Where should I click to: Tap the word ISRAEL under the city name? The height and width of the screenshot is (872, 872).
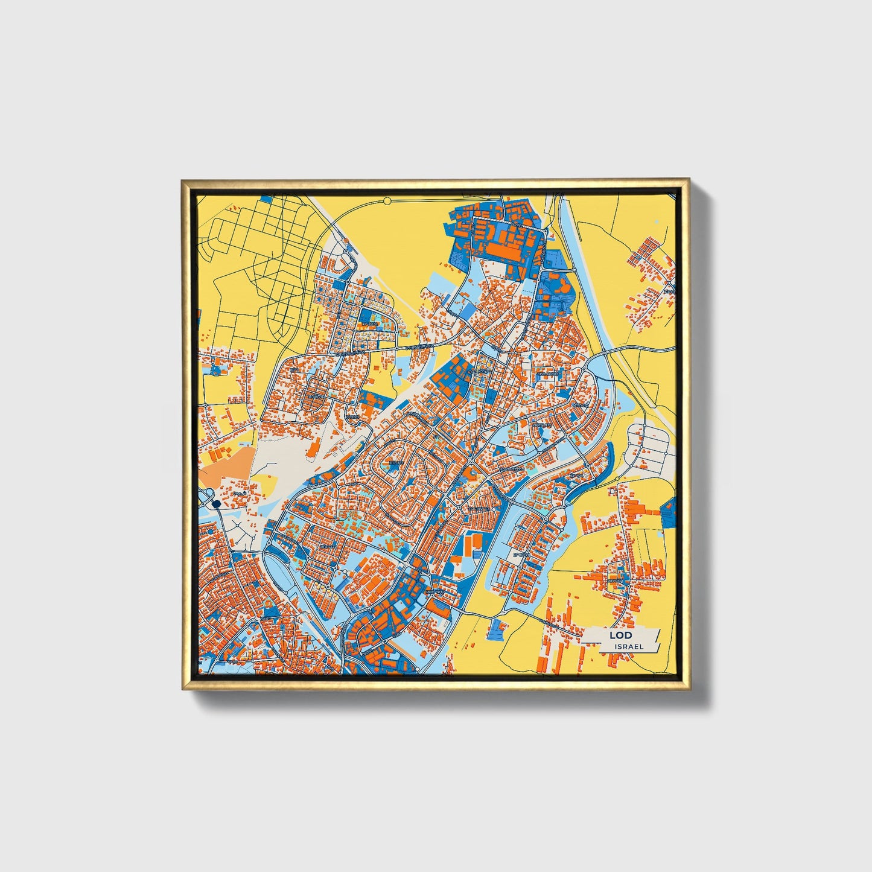(629, 646)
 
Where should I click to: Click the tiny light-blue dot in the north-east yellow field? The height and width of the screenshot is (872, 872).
(657, 222)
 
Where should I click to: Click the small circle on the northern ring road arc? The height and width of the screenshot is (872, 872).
(387, 200)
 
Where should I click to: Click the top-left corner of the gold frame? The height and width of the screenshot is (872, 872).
(183, 180)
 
